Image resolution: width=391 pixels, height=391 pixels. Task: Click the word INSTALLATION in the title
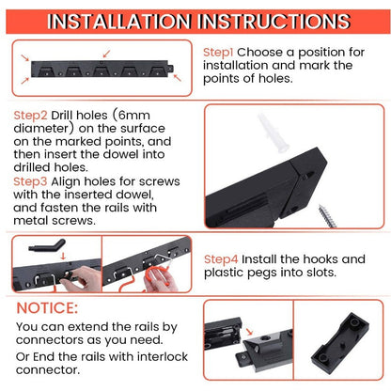click(x=119, y=22)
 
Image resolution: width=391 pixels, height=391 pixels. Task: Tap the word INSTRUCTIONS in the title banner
click(x=274, y=22)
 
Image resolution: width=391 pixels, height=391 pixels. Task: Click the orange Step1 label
click(x=218, y=53)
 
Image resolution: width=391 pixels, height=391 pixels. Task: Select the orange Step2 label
click(x=30, y=116)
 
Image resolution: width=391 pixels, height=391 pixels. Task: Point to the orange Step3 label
click(x=30, y=181)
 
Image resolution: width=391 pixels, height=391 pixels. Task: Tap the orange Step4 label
click(x=221, y=259)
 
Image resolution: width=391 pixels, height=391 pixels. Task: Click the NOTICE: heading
click(x=47, y=308)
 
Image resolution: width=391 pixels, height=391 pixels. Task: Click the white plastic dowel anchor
click(x=272, y=133)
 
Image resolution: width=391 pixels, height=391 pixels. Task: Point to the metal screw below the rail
click(x=327, y=216)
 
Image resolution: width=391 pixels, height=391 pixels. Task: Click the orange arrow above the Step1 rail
click(x=106, y=54)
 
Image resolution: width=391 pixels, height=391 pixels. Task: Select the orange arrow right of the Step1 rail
click(x=178, y=77)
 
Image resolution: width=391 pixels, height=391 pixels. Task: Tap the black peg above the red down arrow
click(x=48, y=245)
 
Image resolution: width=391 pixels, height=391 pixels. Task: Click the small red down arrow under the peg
click(x=63, y=256)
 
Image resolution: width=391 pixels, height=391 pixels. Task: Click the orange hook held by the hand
click(x=156, y=275)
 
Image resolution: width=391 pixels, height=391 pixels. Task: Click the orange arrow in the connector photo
click(x=249, y=332)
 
